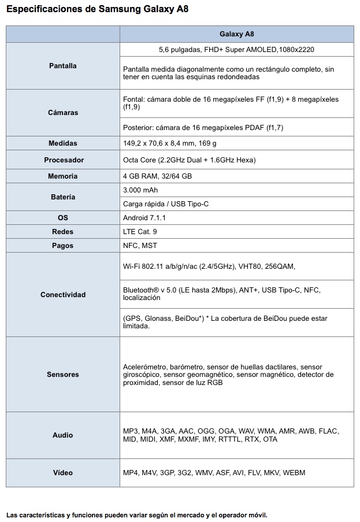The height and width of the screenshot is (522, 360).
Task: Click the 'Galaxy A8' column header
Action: [236, 34]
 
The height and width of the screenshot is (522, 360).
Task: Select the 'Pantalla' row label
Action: [62, 66]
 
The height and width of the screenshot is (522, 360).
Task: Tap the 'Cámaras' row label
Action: [62, 113]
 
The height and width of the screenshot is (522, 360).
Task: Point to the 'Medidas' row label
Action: [62, 143]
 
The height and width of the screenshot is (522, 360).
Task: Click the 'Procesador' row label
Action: [62, 160]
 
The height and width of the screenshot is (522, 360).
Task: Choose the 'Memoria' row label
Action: [62, 176]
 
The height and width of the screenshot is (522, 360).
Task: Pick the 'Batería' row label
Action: [62, 197]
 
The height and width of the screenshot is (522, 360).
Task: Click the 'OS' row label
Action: [62, 218]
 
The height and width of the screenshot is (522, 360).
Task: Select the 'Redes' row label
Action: [62, 232]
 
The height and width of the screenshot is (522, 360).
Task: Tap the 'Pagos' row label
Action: [62, 246]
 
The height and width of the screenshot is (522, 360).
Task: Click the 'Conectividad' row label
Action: [62, 295]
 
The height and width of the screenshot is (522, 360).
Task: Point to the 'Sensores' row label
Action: [62, 375]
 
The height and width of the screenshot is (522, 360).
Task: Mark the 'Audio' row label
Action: [62, 435]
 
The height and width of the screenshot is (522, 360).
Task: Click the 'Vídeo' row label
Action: [62, 473]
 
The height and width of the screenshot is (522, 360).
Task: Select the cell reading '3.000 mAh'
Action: [140, 190]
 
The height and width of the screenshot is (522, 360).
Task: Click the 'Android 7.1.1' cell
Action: [144, 218]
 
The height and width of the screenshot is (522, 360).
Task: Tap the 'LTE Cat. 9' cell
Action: [140, 232]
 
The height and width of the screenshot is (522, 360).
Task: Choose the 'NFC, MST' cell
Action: [140, 246]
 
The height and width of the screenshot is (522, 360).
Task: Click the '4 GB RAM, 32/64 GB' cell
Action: [157, 176]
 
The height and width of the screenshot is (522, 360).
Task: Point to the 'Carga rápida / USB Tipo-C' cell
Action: [165, 204]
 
